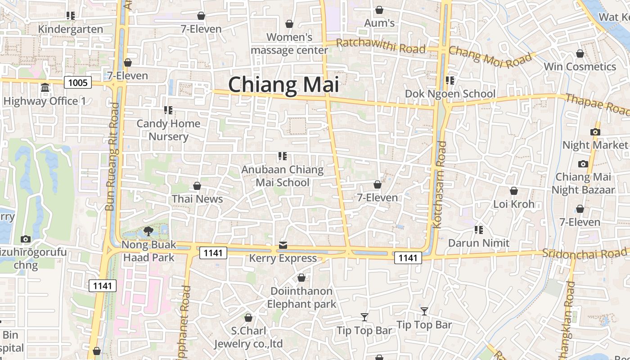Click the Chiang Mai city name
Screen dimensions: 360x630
click(x=283, y=85)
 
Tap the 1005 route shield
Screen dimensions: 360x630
click(x=78, y=82)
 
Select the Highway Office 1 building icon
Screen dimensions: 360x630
click(x=45, y=88)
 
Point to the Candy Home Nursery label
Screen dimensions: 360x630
click(x=168, y=130)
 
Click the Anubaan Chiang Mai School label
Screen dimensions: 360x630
click(x=283, y=176)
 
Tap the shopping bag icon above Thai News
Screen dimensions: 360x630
click(x=197, y=186)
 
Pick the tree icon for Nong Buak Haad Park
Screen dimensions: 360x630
click(x=148, y=232)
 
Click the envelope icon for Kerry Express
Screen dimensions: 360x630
click(x=283, y=245)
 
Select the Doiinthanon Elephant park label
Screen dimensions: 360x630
click(x=301, y=297)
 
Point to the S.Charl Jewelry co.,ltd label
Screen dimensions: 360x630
click(x=248, y=337)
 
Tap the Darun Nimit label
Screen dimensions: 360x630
click(x=479, y=243)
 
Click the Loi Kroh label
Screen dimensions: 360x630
click(x=514, y=204)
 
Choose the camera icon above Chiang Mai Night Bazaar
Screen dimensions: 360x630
click(x=583, y=164)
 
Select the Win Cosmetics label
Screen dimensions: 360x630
click(x=580, y=67)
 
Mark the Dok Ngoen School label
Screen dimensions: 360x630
click(x=450, y=94)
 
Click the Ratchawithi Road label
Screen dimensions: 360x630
click(x=380, y=45)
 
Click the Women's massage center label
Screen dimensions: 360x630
click(x=289, y=44)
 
